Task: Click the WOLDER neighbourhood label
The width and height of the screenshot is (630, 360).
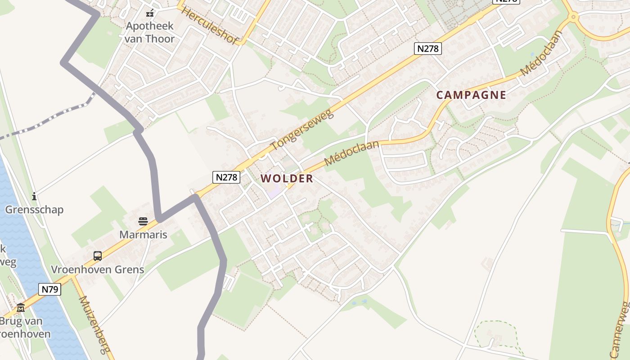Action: [287, 179]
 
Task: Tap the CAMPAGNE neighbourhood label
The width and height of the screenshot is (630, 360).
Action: [471, 95]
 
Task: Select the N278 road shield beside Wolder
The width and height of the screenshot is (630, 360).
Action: [226, 177]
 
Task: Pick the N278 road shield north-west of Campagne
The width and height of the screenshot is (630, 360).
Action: [427, 49]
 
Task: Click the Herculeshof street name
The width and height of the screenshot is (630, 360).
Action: [210, 25]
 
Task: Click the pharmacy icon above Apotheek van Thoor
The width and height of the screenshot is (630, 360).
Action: [150, 13]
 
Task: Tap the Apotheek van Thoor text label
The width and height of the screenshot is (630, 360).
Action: [149, 32]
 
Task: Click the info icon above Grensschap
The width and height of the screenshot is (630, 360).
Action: [34, 196]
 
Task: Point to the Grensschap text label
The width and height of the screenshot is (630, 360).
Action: [34, 210]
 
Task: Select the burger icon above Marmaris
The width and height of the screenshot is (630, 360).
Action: [143, 221]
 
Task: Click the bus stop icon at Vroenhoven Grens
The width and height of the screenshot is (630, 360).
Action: [98, 256]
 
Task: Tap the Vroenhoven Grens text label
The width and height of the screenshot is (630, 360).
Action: [98, 270]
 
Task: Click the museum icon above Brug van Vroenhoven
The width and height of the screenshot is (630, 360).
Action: [21, 308]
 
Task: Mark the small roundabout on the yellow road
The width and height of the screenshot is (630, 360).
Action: [573, 17]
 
